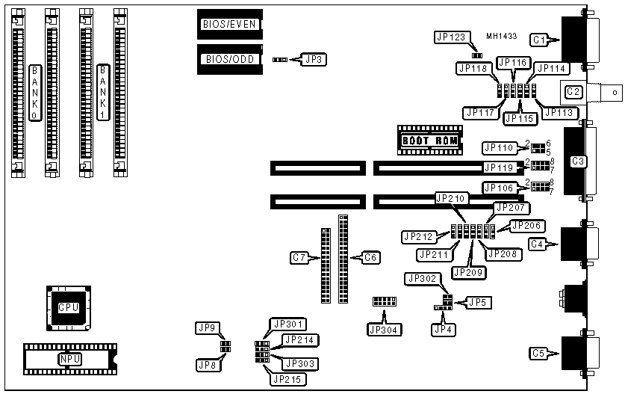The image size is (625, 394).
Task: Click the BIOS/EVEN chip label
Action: point(229,24)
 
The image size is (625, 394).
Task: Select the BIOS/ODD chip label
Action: point(228,58)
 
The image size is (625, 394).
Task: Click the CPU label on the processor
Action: point(68,307)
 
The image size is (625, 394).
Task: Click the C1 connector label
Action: point(539,39)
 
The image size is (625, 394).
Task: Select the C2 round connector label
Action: point(573,92)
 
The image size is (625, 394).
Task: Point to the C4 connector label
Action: point(537,243)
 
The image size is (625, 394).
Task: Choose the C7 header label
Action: point(300,258)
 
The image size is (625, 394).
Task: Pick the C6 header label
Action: point(370,258)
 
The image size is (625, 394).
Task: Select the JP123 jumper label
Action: point(451,36)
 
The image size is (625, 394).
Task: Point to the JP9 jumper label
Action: point(207,327)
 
